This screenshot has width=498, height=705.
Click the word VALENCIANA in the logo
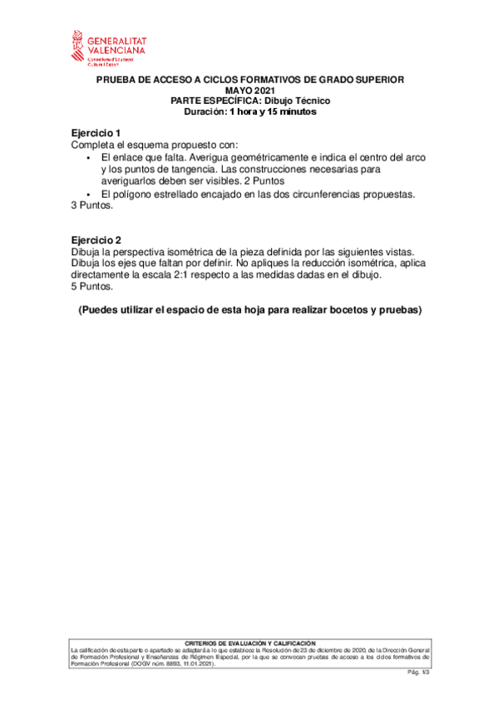coord(116,50)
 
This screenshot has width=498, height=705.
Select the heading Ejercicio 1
coord(96,133)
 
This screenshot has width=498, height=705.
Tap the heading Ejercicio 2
coord(96,240)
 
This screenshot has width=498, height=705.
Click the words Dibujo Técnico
coord(300,101)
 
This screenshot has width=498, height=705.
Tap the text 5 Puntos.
coord(92,287)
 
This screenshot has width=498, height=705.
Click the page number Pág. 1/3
coord(417,671)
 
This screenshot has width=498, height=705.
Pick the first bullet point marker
coord(88,157)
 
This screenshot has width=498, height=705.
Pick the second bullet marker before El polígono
coord(88,195)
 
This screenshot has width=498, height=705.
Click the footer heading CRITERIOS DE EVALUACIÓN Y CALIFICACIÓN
coord(249,643)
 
